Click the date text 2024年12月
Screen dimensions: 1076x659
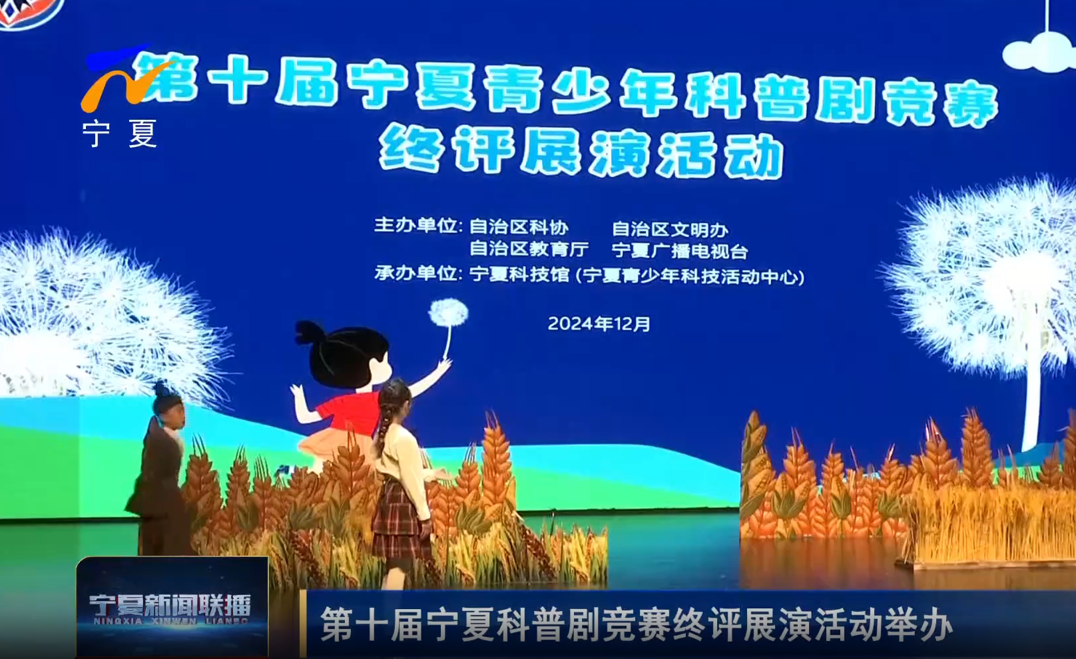599,324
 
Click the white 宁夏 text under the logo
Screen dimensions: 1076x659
120,134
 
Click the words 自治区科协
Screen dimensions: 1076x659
519,227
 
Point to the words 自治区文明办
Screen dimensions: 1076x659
670,230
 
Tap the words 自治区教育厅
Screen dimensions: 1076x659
529,249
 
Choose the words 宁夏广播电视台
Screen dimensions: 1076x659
680,251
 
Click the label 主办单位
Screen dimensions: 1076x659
416,225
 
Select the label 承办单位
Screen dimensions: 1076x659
416,274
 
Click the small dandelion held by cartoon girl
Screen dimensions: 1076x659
447,313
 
